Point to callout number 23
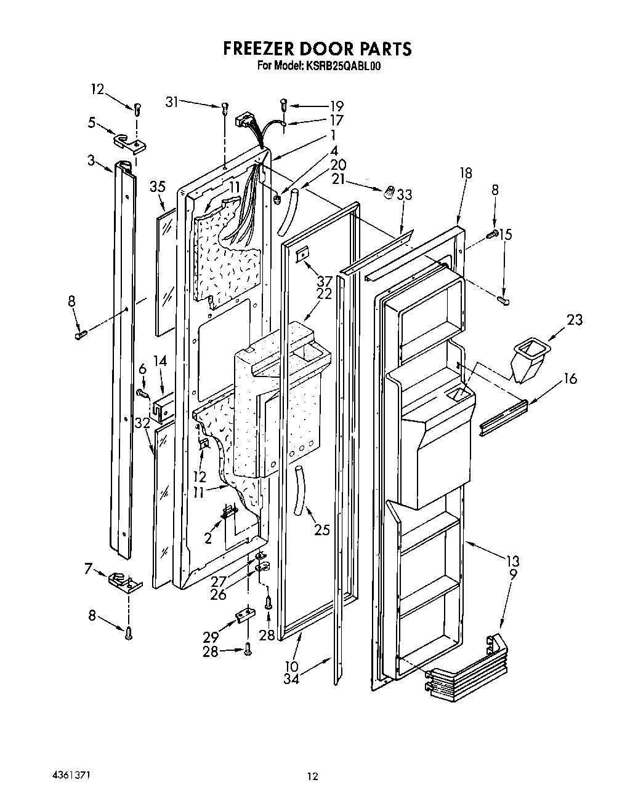pyautogui.click(x=575, y=320)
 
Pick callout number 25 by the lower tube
pyautogui.click(x=322, y=528)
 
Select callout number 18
pyautogui.click(x=466, y=173)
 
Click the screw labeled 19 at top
pyautogui.click(x=284, y=105)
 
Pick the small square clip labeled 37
pyautogui.click(x=302, y=253)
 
